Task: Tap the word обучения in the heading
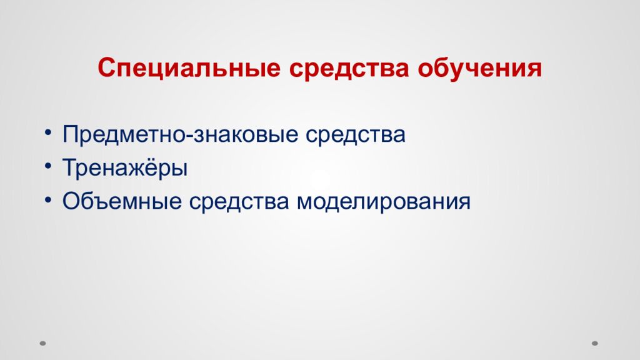479,68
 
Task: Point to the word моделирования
383,202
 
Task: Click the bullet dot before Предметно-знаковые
49,134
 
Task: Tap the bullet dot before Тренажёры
49,167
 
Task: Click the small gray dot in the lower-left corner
43,343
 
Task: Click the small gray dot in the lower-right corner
595,343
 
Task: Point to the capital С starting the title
105,67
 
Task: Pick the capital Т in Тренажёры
69,167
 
